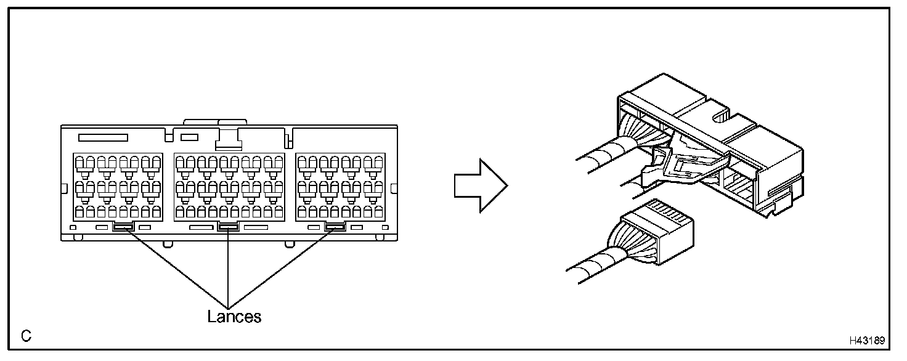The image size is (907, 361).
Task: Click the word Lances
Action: (234, 317)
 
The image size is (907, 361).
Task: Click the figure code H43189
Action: (866, 341)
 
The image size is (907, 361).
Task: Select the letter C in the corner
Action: (26, 336)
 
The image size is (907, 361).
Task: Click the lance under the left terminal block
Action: (123, 227)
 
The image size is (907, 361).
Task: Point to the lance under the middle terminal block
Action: (229, 227)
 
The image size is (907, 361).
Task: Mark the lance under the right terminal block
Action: (335, 227)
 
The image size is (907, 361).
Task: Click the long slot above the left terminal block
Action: (103, 137)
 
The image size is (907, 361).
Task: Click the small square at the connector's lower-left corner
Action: (73, 229)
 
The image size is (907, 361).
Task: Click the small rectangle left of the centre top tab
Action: (189, 136)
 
